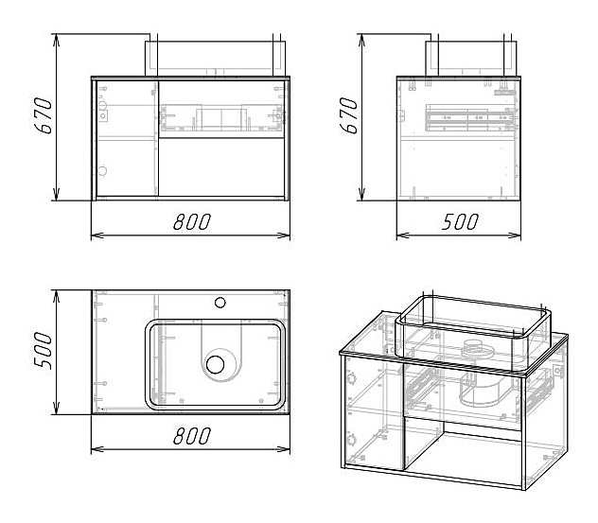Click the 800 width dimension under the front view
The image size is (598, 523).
(x=191, y=221)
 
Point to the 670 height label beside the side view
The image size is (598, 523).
(x=350, y=117)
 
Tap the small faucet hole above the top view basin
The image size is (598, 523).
(x=220, y=304)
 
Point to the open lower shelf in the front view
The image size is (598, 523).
(x=223, y=168)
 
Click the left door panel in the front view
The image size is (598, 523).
(x=126, y=138)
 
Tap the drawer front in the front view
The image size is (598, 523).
(x=223, y=119)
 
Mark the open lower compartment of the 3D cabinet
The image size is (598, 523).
(x=464, y=454)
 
